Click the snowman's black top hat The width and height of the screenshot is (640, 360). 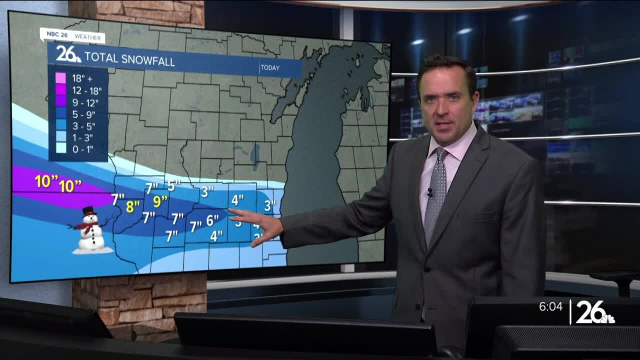click(89, 211)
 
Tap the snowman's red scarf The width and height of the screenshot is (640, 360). click(87, 227)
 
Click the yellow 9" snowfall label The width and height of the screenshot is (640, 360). click(160, 201)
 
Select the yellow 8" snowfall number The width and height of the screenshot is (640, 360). click(133, 206)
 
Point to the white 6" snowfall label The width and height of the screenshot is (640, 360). click(212, 220)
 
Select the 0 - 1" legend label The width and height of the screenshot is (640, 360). click(82, 149)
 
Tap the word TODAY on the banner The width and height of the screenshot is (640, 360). click(270, 68)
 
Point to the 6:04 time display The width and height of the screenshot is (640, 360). click(550, 306)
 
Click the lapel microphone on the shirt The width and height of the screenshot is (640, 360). click(429, 192)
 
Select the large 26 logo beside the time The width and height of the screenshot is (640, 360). click(594, 312)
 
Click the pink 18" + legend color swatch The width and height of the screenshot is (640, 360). click(60, 78)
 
